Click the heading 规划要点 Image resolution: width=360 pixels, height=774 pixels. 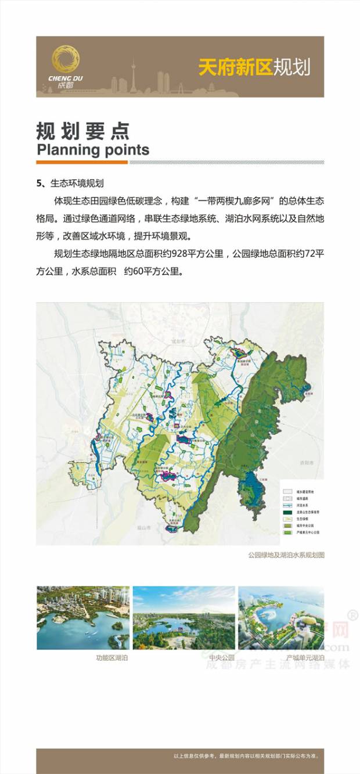pyautogui.click(x=83, y=130)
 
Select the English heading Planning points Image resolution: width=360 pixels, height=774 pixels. pyautogui.click(x=93, y=150)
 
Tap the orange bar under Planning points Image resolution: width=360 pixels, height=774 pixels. pyautogui.click(x=82, y=162)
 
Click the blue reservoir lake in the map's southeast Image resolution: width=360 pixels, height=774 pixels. pyautogui.click(x=251, y=487)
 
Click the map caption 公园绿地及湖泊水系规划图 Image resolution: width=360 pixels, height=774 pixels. pyautogui.click(x=286, y=555)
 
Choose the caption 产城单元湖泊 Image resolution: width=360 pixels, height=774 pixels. pyautogui.click(x=305, y=658)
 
